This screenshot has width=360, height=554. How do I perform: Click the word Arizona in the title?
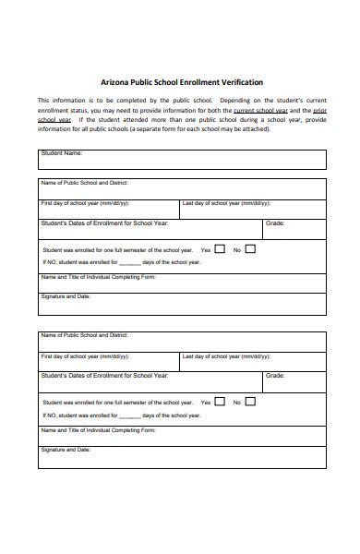coord(115,82)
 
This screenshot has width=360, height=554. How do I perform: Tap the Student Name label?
coord(63,153)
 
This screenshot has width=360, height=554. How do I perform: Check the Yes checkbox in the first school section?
coord(220,249)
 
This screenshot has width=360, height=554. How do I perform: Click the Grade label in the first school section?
coord(275,223)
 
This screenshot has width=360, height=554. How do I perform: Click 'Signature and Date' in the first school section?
coord(66,297)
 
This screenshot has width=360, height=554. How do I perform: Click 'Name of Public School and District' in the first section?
coord(84,183)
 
